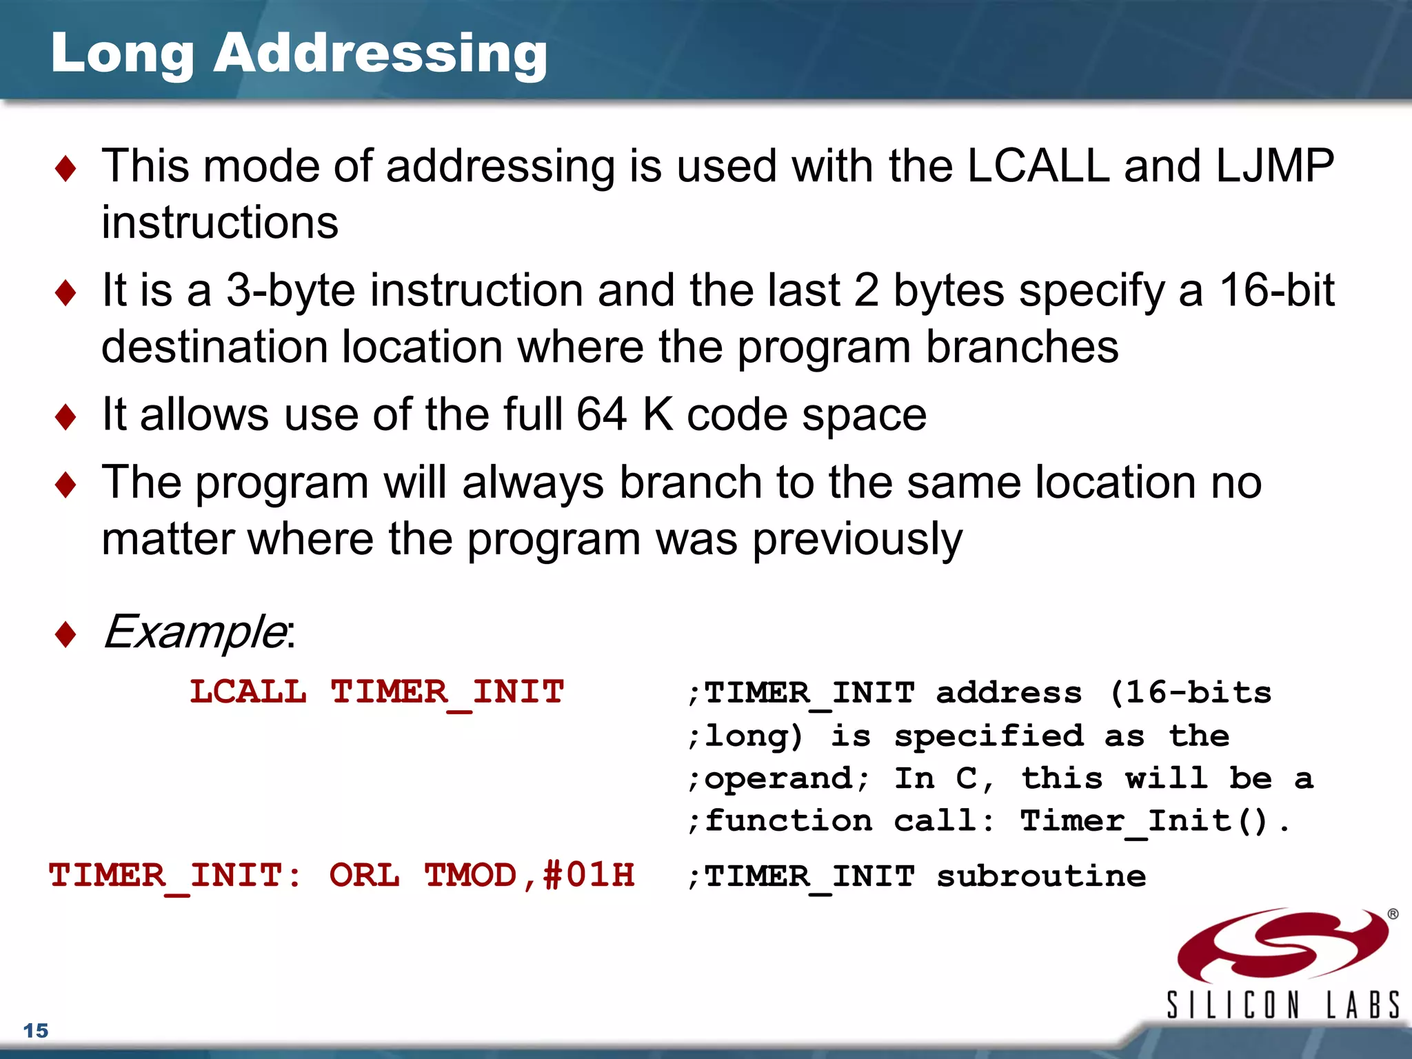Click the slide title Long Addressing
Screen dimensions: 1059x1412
coord(299,54)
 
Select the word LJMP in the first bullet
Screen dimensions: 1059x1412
coord(1275,166)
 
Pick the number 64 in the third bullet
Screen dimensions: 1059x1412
coord(601,414)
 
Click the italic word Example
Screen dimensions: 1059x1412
coord(195,632)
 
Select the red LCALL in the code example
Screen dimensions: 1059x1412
coord(248,692)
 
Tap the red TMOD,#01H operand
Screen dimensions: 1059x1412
coord(529,876)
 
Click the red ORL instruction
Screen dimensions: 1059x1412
coord(364,876)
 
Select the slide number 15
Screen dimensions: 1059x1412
coord(36,1031)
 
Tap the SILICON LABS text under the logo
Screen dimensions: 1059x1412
coord(1282,1005)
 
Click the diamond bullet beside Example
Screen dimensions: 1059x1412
coord(65,634)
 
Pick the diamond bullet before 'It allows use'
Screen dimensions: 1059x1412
coord(65,417)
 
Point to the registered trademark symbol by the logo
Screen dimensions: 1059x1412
coord(1393,914)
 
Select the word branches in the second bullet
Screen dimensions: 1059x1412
coord(1022,347)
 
